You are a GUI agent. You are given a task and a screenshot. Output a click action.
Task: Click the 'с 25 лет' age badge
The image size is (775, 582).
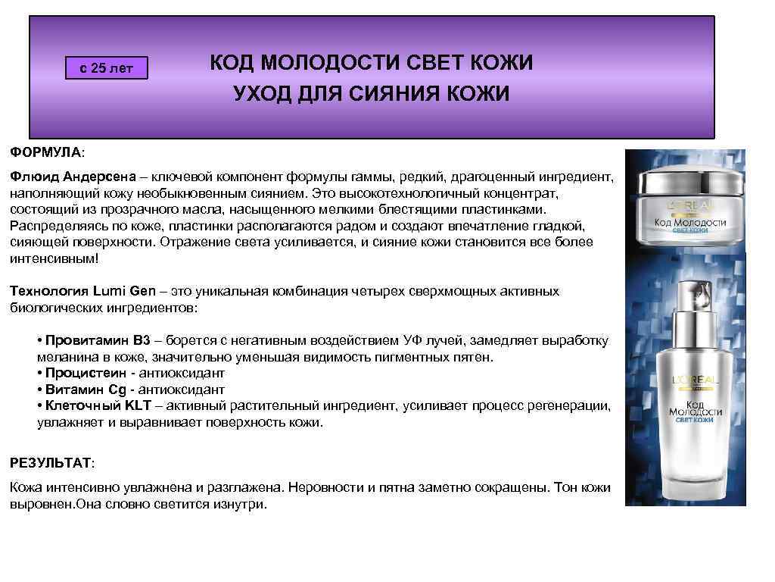point(106,68)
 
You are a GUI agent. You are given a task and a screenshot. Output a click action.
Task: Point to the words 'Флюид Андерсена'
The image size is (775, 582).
point(72,177)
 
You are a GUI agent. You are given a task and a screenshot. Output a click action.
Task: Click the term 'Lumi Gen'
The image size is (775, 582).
point(125,290)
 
